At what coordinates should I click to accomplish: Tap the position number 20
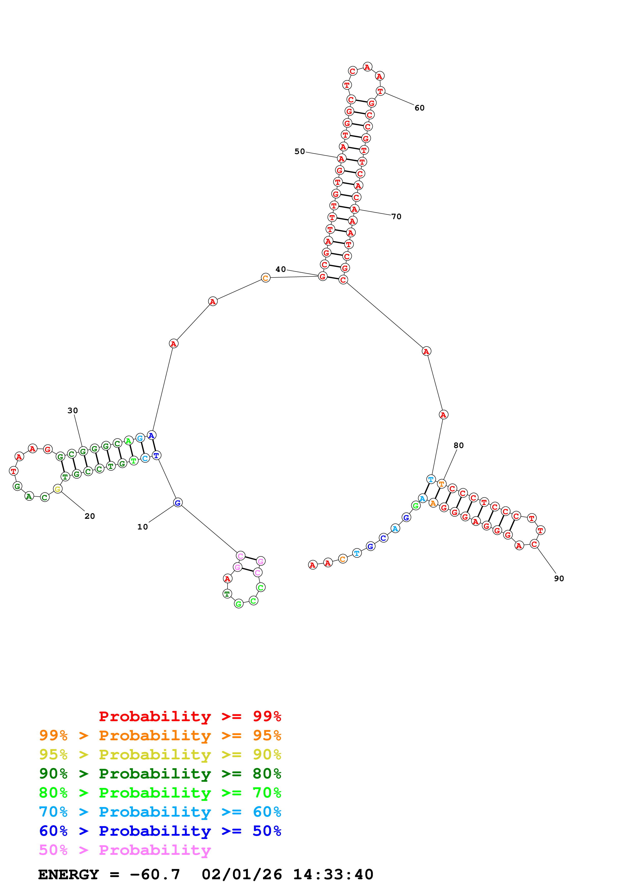point(90,516)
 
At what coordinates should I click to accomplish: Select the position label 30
point(73,411)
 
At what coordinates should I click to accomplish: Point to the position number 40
point(281,270)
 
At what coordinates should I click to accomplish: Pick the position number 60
point(419,108)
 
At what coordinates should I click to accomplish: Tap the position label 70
point(396,217)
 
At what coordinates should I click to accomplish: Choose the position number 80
point(459,445)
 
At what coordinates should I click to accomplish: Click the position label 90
point(559,579)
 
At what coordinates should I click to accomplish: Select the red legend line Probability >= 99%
point(190,716)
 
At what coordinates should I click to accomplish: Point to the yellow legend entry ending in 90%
point(160,755)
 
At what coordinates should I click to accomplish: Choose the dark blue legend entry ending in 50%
point(160,831)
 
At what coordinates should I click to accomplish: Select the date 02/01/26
point(242,875)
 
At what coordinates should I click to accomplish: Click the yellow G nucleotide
point(58,489)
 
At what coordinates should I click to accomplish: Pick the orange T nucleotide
point(441,484)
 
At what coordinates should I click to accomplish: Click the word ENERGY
point(68,875)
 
